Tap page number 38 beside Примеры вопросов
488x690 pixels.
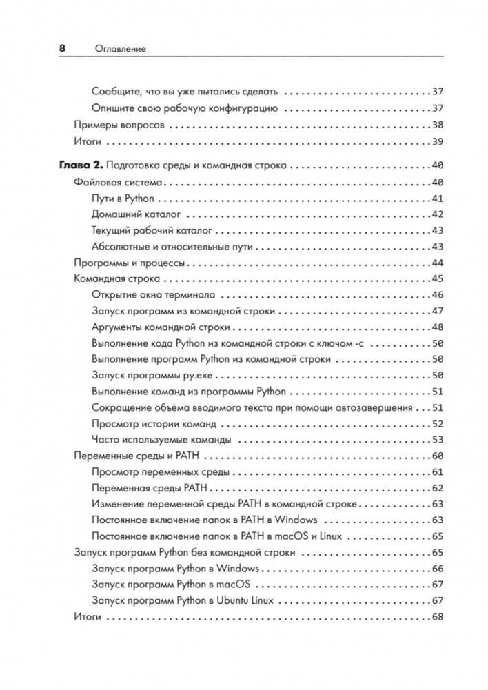click(x=436, y=125)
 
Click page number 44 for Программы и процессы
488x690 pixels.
click(x=436, y=263)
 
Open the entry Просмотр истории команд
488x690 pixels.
click(x=153, y=424)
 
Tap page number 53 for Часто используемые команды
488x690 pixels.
click(x=436, y=440)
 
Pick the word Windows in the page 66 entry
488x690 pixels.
click(x=237, y=569)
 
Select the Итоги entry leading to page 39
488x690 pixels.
click(x=88, y=141)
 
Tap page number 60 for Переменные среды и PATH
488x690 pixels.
click(x=436, y=456)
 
